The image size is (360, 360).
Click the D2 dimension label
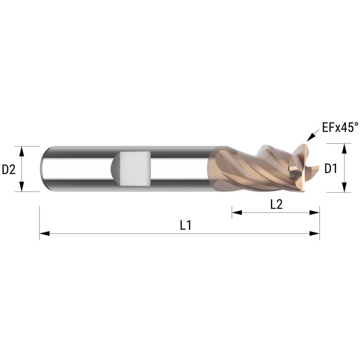(9, 169)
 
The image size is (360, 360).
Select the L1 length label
(185, 225)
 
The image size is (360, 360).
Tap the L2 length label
(276, 204)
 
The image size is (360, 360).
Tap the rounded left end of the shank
(44, 169)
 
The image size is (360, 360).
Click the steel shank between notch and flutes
(180, 168)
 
